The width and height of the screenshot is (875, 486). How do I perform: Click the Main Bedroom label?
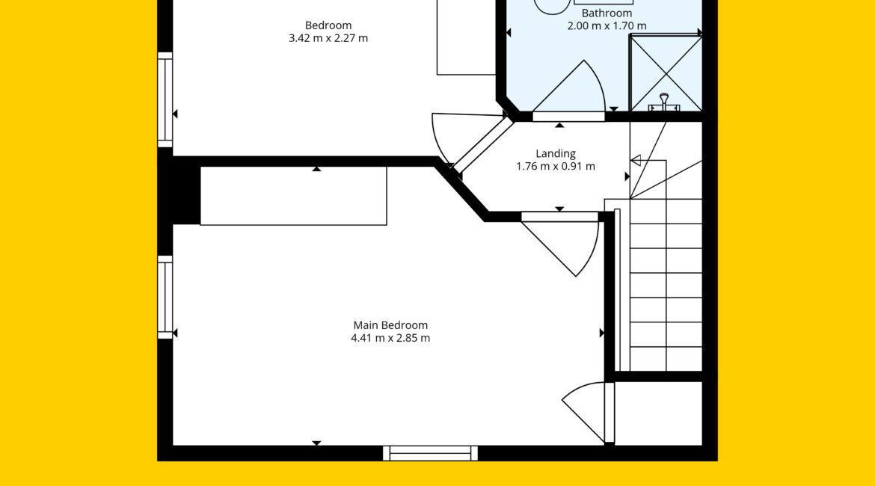click(x=390, y=324)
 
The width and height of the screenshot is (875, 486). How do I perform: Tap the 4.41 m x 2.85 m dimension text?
click(x=390, y=337)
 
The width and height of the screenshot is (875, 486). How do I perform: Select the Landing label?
click(x=555, y=153)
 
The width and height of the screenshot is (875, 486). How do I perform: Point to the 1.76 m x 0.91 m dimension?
click(x=555, y=166)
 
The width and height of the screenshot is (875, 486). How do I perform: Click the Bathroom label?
click(x=607, y=13)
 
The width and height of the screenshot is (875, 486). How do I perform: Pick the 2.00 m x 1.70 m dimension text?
click(x=607, y=25)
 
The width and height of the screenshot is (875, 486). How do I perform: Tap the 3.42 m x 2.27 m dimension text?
click(x=328, y=38)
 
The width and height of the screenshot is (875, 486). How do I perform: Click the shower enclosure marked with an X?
click(x=665, y=73)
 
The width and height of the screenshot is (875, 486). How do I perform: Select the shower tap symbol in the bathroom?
click(x=663, y=103)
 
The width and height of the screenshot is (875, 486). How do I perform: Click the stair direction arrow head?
click(x=636, y=161)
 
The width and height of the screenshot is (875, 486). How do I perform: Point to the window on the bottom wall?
click(x=430, y=453)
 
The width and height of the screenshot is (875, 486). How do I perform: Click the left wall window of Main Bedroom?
click(x=165, y=298)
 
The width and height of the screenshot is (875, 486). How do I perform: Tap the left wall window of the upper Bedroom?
click(x=165, y=100)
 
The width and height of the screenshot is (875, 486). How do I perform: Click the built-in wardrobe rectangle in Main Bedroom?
click(x=293, y=196)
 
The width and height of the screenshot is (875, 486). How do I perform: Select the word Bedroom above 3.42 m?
click(x=328, y=25)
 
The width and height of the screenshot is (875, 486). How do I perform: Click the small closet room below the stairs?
click(x=658, y=413)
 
